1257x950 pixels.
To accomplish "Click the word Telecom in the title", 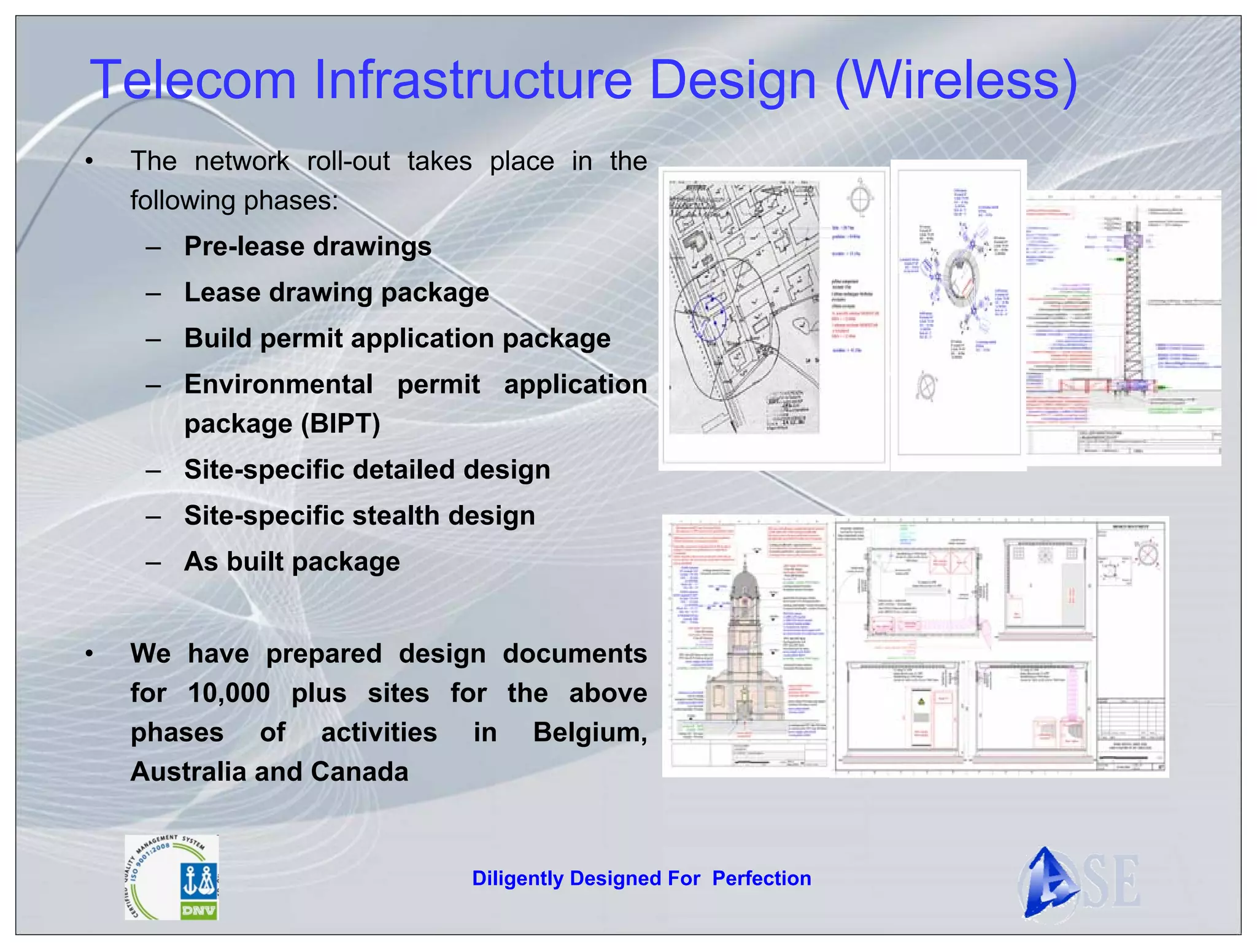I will tap(193, 80).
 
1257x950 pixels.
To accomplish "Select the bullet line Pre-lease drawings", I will tap(307, 247).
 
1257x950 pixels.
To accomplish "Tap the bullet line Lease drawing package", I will tap(336, 293).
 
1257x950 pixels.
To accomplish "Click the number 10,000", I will tap(229, 693).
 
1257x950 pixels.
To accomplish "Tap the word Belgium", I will tap(589, 733).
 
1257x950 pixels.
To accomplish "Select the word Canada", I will tap(360, 772).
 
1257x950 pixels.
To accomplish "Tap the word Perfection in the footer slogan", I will tap(762, 879).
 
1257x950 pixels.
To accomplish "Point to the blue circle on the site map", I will tap(710, 318).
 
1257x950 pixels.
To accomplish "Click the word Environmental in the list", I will tap(279, 385).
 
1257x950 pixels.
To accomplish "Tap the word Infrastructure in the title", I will tap(473, 80).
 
